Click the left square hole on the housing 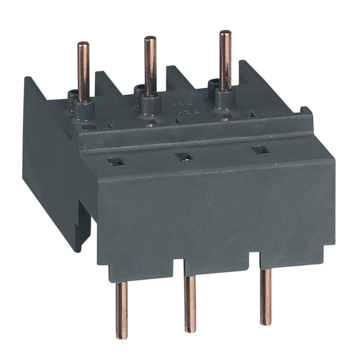[111, 161]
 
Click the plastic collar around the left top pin [79, 98]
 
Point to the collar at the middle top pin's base [146, 92]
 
